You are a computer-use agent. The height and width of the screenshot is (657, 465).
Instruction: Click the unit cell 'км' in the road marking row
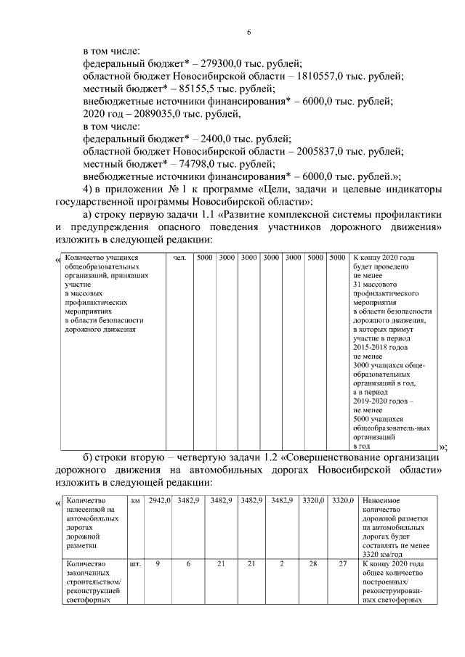pyautogui.click(x=136, y=501)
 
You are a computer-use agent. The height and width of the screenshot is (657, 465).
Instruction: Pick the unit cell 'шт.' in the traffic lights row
pyautogui.click(x=135, y=563)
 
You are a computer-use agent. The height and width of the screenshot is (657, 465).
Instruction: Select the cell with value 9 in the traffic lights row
pyautogui.click(x=158, y=563)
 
